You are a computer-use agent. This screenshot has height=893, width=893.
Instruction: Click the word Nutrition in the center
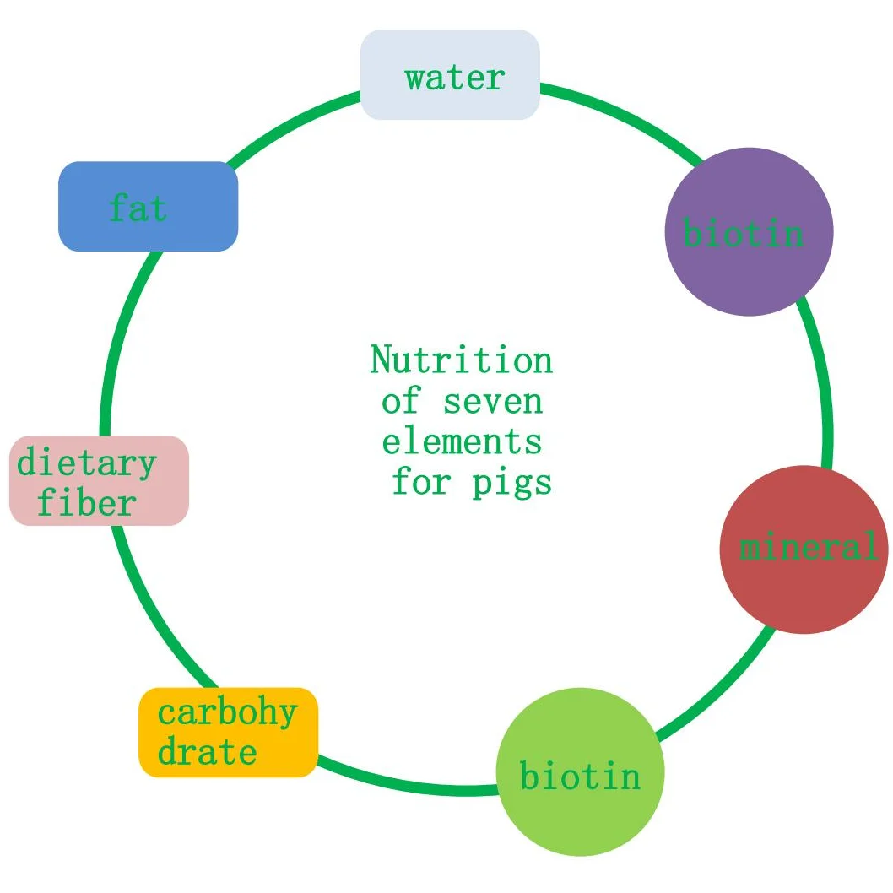pos(462,360)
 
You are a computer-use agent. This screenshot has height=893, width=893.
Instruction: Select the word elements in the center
pos(462,441)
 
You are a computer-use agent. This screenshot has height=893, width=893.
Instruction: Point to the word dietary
pos(86,463)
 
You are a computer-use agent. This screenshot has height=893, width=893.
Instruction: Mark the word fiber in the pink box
pos(86,504)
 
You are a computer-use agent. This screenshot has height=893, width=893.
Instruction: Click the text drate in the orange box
pos(207,752)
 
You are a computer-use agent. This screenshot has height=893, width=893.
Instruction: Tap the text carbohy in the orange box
pos(227,712)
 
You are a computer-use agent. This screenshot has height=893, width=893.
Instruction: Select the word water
pos(454,78)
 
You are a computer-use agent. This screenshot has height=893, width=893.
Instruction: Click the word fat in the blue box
pos(138,208)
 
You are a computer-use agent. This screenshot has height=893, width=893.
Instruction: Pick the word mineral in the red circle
pos(808,548)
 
